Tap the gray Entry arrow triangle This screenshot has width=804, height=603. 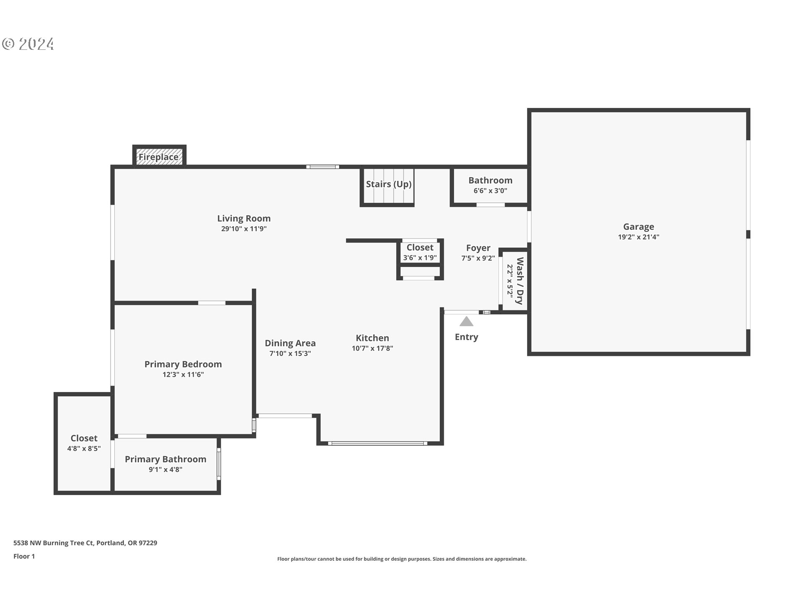[466, 322]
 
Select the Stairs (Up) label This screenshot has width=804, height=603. [389, 184]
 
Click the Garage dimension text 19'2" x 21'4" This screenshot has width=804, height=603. [638, 237]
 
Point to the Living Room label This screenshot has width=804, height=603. [244, 219]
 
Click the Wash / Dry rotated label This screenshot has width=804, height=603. [520, 281]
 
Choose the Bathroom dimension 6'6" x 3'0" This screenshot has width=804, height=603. [490, 191]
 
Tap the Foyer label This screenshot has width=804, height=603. [478, 248]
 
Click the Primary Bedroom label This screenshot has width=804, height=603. [183, 364]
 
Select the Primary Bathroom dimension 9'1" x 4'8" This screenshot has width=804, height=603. [165, 470]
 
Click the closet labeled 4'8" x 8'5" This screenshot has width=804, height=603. [84, 443]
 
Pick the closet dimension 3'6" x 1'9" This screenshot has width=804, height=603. [420, 258]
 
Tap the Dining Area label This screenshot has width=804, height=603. [290, 343]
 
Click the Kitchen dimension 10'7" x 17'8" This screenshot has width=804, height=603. [372, 348]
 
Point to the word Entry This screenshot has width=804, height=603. [466, 337]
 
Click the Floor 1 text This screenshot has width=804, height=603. [24, 557]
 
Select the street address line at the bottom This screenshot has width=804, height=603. [85, 543]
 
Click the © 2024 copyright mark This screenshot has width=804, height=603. [28, 44]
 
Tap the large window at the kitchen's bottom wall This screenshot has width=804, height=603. [377, 443]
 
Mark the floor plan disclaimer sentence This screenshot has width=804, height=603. [402, 559]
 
